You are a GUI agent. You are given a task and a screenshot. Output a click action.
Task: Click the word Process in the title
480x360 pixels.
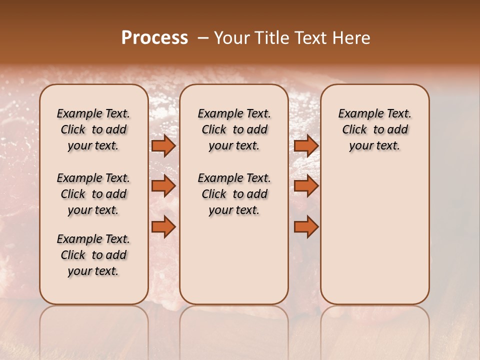(x=154, y=38)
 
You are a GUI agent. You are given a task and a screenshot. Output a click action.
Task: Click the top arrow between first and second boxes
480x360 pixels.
(x=163, y=145)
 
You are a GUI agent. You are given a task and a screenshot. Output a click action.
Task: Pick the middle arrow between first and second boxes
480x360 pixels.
(x=163, y=186)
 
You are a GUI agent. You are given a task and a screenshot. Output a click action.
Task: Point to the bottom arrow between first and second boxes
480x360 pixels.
(x=163, y=227)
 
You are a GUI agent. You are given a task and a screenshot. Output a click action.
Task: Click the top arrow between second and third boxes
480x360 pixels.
(x=306, y=145)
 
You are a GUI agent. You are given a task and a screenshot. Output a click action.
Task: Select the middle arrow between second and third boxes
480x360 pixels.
(x=306, y=186)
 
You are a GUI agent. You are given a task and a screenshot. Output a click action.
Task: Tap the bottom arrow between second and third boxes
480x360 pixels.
(x=306, y=227)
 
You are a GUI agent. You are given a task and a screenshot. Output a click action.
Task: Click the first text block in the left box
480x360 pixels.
(x=93, y=129)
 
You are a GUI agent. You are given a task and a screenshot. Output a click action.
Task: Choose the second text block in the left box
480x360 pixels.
(x=93, y=194)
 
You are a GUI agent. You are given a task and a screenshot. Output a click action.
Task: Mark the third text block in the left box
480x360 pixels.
(x=93, y=255)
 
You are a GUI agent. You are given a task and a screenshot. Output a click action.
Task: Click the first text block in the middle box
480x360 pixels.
(x=234, y=129)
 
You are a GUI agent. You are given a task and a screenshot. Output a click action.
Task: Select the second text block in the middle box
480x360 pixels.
(x=234, y=194)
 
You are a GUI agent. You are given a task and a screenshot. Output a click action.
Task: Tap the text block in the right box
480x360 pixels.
(x=374, y=129)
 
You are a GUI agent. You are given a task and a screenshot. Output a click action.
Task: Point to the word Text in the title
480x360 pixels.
(x=310, y=38)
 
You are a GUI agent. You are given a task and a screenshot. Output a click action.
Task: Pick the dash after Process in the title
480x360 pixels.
(x=203, y=38)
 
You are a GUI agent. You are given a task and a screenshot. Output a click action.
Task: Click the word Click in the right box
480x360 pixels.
(x=354, y=130)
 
